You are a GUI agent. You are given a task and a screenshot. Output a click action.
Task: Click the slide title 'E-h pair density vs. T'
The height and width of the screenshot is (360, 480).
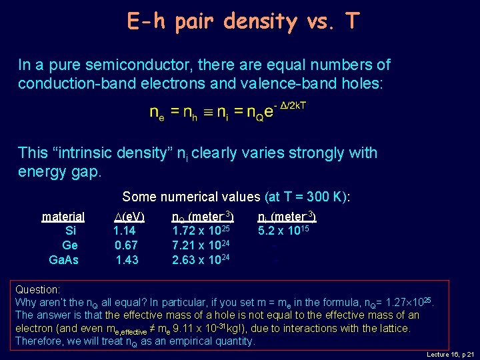243,21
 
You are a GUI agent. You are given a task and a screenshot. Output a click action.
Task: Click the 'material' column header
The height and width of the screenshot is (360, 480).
63,217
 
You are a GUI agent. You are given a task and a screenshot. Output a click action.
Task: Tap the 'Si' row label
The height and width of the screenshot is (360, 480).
70,231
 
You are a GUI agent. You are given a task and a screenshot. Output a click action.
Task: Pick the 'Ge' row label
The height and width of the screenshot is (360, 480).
69,245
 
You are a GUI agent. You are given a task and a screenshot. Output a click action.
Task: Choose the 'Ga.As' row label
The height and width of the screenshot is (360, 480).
64,259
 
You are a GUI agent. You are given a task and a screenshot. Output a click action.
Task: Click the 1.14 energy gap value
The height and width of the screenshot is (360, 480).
125,231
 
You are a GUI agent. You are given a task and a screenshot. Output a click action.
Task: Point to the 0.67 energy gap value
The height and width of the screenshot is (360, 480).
126,245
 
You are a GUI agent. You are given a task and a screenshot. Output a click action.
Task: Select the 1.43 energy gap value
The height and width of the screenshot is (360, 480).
127,259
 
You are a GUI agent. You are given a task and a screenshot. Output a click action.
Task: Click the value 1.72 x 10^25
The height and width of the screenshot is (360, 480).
201,231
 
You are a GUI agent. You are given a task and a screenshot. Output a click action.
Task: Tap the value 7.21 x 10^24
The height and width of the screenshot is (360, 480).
201,245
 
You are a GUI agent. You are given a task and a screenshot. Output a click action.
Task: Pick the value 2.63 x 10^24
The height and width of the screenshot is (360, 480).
201,259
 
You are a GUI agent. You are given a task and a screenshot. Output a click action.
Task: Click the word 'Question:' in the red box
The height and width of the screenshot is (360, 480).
38,290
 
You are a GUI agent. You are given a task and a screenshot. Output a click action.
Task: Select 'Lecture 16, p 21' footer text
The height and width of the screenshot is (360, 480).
451,355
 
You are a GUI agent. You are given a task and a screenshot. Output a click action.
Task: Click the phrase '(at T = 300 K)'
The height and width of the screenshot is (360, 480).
307,197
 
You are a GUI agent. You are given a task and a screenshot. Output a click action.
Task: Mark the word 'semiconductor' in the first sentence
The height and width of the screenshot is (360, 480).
129,65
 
